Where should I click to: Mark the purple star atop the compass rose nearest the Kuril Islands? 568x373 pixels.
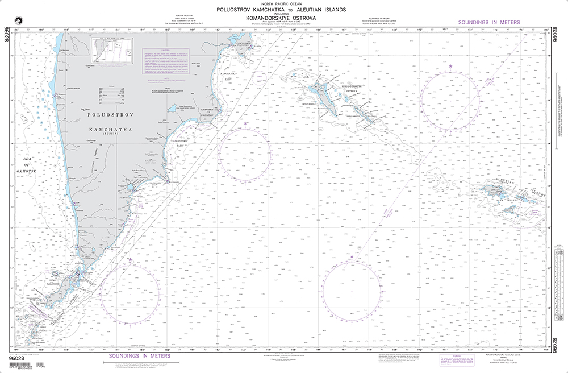pyautogui.click(x=130, y=260)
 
